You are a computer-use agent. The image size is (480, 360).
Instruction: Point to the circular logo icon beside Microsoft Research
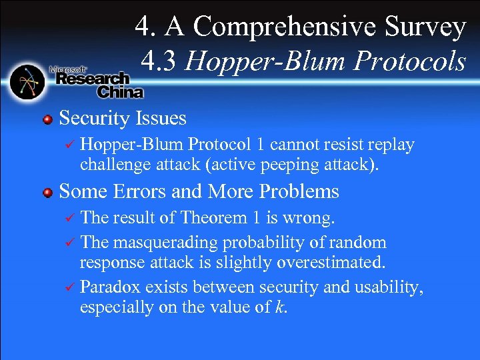pyautogui.click(x=27, y=81)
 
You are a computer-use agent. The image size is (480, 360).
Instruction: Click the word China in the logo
pyautogui.click(x=120, y=91)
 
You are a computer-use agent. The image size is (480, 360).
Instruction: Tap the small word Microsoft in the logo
pyautogui.click(x=66, y=69)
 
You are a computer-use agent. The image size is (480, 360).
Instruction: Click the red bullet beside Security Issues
pyautogui.click(x=47, y=119)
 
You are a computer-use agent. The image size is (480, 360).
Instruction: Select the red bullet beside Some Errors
pyautogui.click(x=47, y=193)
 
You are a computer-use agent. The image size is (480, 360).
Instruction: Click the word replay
pyautogui.click(x=393, y=145)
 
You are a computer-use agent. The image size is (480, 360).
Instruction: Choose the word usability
pyautogui.click(x=393, y=287)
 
